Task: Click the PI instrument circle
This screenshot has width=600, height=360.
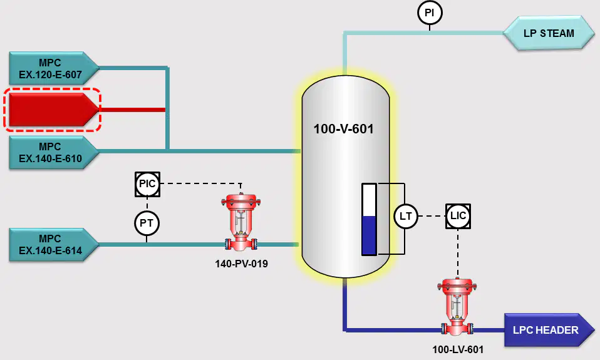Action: [430, 13]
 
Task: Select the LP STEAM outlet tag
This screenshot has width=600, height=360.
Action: [549, 33]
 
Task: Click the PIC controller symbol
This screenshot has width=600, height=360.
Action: [147, 184]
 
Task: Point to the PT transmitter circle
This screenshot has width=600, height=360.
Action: [147, 223]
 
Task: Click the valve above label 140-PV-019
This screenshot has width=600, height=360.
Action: [241, 223]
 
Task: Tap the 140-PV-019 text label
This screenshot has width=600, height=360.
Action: [242, 264]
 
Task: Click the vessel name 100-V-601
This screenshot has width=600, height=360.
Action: [344, 128]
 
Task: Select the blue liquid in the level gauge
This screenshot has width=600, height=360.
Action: [370, 235]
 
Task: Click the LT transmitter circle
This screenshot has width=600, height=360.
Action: [406, 216]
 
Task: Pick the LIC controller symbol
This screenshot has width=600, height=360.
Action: [458, 216]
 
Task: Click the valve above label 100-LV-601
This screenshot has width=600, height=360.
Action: [457, 307]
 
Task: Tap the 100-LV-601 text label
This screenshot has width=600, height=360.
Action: [458, 349]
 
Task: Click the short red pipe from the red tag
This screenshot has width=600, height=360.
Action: [132, 110]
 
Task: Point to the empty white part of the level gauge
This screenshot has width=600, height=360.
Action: [370, 200]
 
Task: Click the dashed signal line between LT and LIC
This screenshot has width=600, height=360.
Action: [432, 216]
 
